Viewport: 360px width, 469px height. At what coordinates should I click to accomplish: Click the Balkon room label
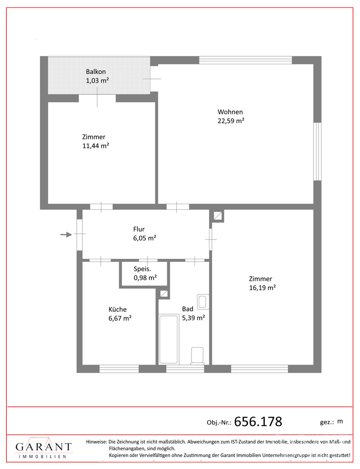point(96,72)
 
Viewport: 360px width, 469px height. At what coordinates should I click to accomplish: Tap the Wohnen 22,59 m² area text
point(230,120)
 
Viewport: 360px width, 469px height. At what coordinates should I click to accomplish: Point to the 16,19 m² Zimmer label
point(262,287)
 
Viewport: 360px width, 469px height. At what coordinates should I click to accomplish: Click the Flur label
point(139,229)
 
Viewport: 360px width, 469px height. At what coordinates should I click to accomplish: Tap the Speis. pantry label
point(142,269)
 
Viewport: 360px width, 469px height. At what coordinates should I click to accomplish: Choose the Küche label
point(117,310)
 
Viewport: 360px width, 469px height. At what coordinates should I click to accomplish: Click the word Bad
point(188,309)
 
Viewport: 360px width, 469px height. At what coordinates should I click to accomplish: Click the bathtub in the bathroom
point(168,339)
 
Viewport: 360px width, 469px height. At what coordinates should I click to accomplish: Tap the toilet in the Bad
point(197,356)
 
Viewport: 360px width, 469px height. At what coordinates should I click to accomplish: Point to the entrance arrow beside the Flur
point(66,234)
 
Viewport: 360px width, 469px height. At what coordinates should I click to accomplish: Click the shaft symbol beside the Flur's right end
point(218,216)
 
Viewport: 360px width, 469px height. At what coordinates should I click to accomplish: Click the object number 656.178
point(258,422)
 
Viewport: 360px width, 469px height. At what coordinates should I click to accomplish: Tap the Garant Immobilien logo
point(44,449)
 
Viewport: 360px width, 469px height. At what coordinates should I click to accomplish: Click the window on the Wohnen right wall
point(317,151)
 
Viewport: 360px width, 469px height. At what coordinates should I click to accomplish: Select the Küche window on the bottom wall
point(119,368)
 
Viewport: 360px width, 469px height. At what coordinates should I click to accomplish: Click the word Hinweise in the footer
point(96,442)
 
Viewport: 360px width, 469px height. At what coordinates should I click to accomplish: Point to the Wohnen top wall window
point(245,60)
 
